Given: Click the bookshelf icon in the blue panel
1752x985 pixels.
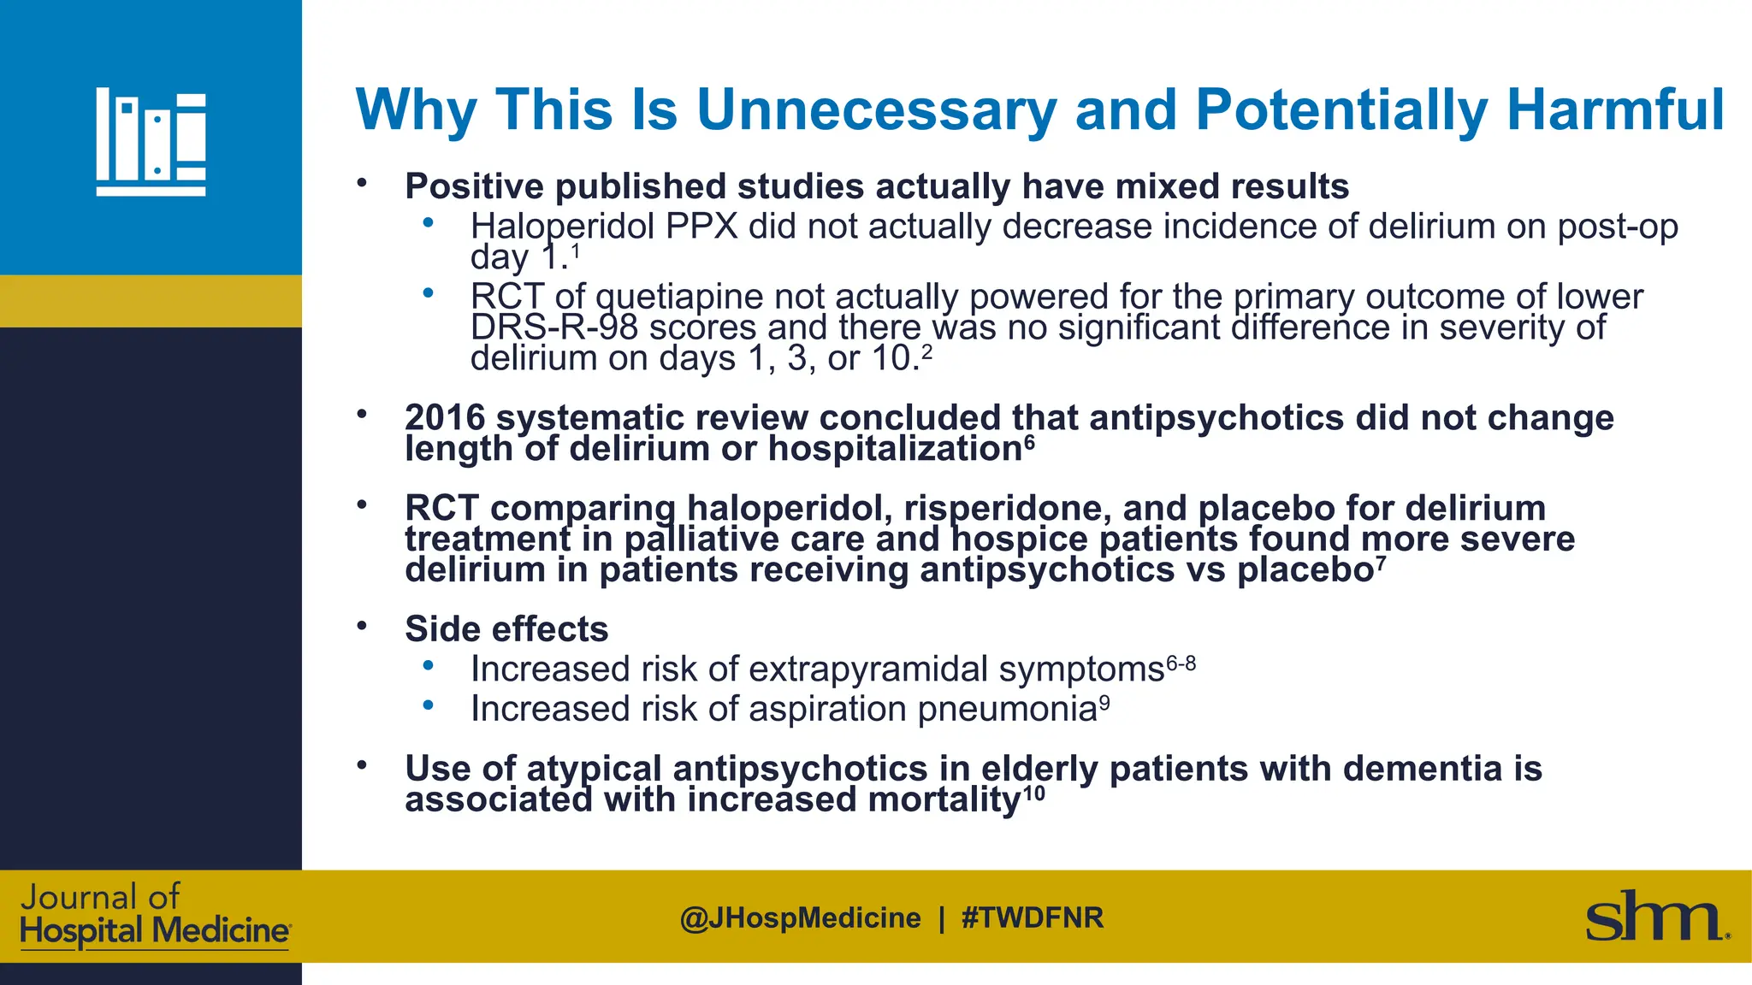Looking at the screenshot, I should click(151, 142).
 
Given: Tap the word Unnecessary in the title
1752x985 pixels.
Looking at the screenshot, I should click(876, 110).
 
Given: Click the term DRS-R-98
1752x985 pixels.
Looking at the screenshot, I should click(554, 327).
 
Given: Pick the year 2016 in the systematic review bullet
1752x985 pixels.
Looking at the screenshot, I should click(445, 418).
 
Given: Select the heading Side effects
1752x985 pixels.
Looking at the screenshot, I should click(506, 629).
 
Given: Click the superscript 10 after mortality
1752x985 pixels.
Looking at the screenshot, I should click(1033, 793).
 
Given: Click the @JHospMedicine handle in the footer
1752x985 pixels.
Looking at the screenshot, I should click(800, 918).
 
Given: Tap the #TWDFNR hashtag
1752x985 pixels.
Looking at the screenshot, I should click(1033, 918).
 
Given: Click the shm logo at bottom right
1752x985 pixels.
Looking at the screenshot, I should click(1656, 917).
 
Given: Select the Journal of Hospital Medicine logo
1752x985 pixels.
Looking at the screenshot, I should click(154, 916).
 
